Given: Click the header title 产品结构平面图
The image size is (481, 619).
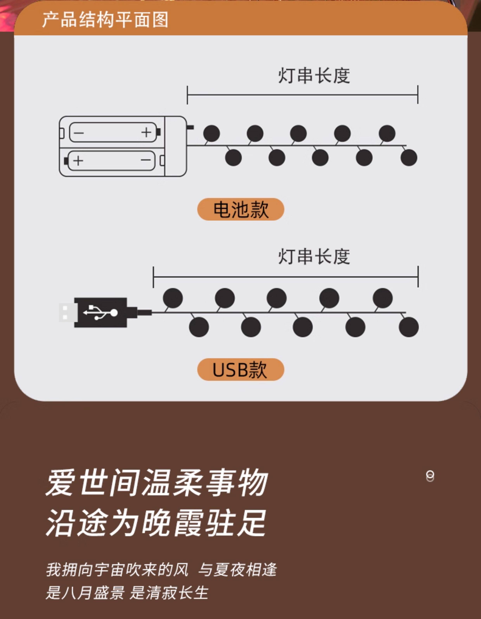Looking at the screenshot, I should point(105,20).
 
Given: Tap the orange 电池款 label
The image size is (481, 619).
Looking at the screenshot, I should point(241,210).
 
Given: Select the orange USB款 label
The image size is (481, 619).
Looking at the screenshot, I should point(241,369).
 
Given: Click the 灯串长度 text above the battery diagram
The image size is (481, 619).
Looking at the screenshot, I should point(314,76).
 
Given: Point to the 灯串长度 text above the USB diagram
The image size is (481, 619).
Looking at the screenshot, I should point(314,257).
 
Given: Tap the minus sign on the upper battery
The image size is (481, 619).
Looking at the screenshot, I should point(79,133).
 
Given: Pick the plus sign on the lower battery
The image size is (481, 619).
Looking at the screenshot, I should point(78,161).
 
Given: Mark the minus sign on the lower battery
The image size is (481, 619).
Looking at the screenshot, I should point(146,160).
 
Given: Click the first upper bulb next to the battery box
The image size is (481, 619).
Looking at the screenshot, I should point(211,133).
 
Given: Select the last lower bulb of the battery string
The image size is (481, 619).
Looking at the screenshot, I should point(409,158).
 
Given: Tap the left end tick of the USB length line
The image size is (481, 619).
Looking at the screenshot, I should point(153,277).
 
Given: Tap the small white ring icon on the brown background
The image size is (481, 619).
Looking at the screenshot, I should point(430,476).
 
